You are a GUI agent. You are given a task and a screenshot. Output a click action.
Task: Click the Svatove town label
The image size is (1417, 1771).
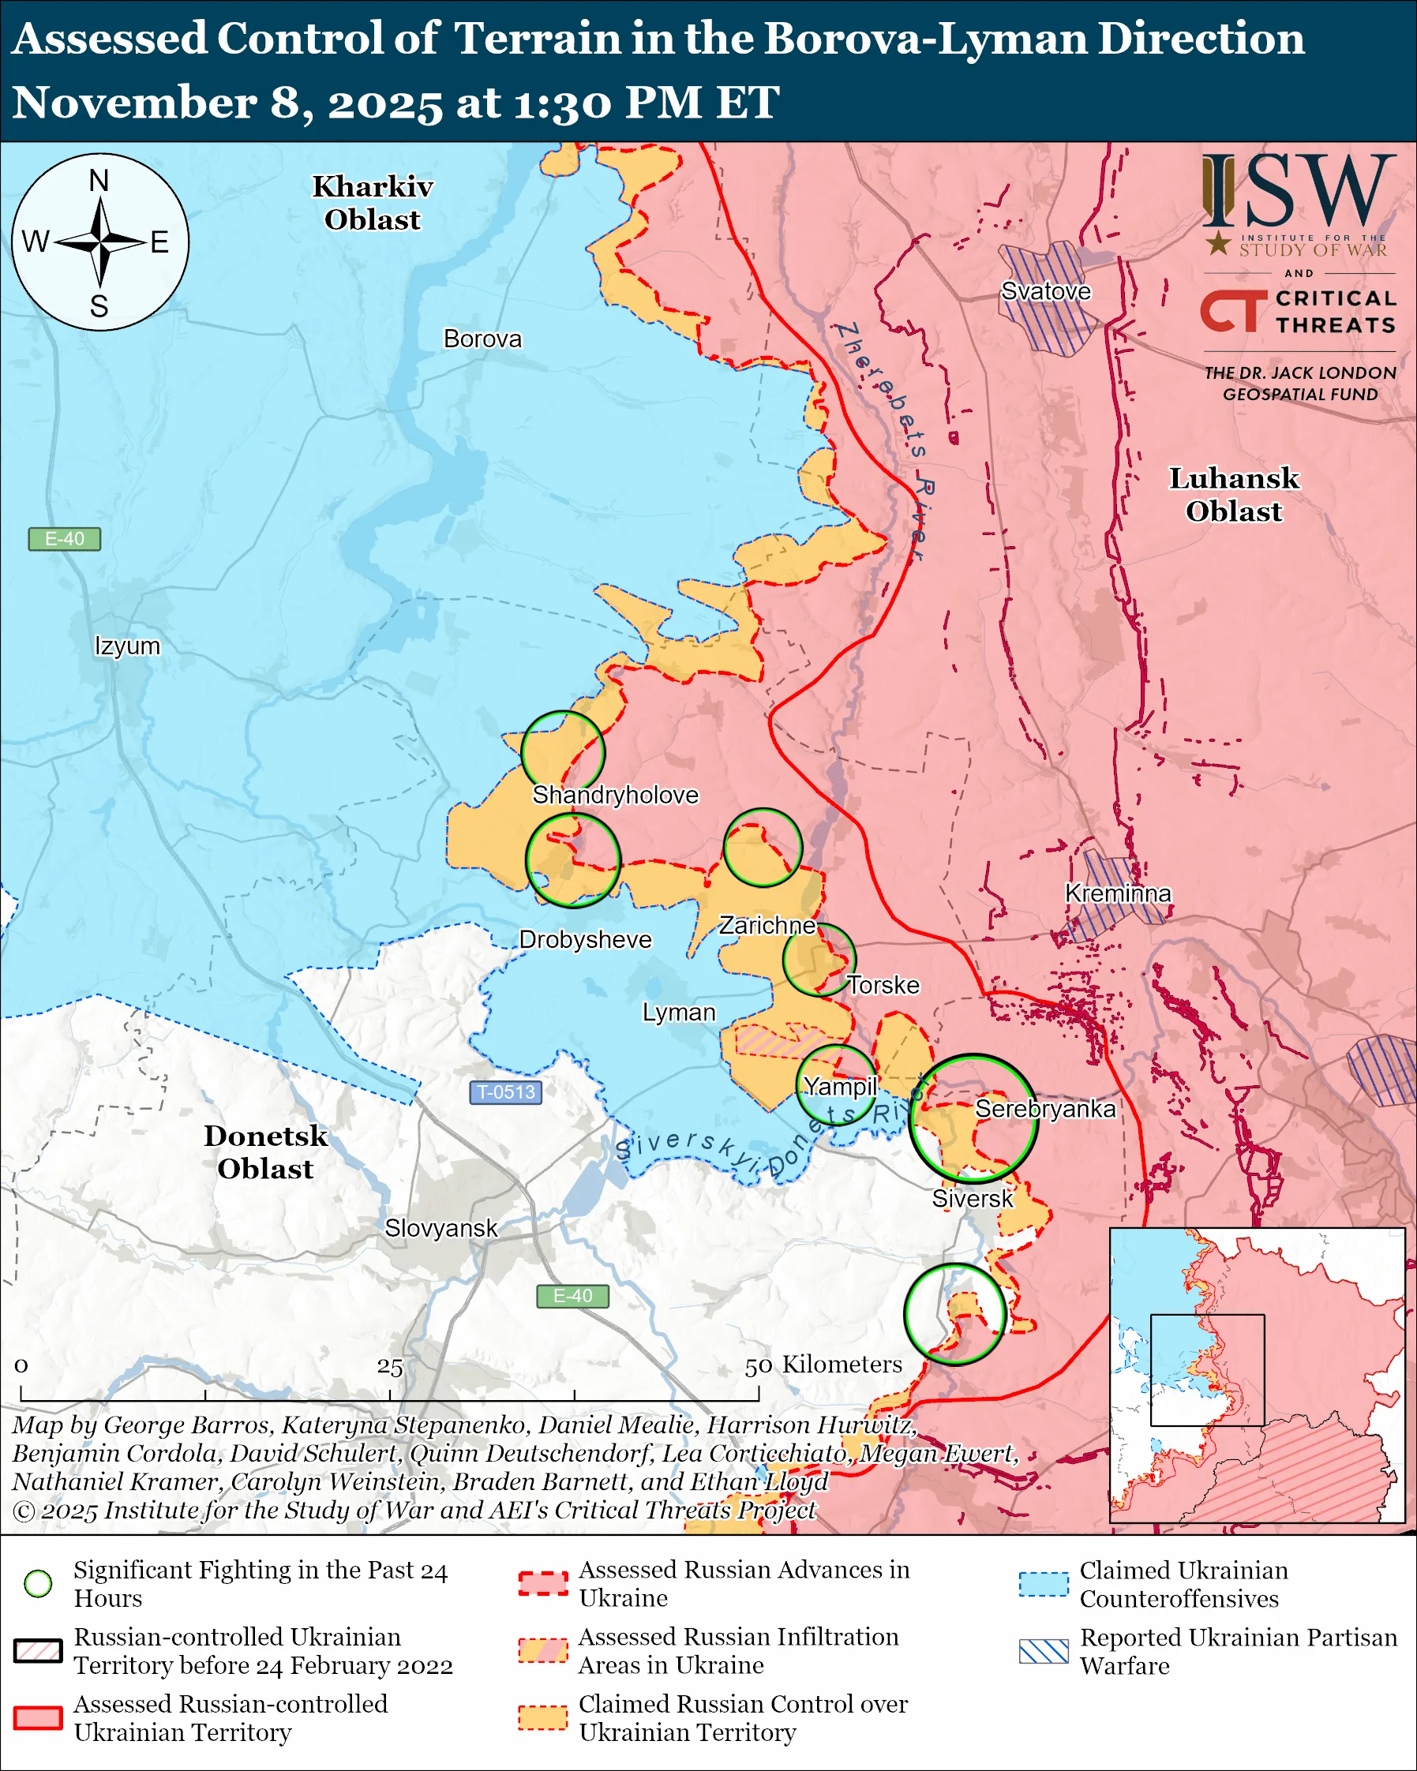1045,291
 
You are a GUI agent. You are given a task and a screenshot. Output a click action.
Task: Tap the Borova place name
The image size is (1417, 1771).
482,339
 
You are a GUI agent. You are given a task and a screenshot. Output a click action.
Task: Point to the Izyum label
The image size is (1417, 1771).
127,646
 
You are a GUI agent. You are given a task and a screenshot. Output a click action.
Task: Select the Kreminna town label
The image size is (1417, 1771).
1117,893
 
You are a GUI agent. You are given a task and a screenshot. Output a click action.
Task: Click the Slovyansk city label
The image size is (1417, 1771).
441,1228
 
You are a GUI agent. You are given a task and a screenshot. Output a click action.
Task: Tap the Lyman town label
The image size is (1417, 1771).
679,1013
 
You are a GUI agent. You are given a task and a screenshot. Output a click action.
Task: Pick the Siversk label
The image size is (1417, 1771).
972,1199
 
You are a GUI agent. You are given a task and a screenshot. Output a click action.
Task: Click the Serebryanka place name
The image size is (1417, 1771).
1045,1109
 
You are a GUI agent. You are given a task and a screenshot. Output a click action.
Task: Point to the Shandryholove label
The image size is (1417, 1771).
615,796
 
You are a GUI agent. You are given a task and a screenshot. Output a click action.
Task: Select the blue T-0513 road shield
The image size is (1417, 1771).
506,1092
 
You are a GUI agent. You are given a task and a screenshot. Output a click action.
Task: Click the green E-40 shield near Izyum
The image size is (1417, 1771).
64,539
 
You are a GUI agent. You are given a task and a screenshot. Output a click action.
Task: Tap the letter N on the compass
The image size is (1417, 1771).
99,181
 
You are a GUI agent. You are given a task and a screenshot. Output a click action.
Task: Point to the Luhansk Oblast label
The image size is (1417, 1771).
1233,495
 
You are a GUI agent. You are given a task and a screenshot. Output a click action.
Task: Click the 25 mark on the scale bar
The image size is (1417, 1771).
389,1367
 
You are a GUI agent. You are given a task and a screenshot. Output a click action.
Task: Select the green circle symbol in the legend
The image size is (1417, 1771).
39,1584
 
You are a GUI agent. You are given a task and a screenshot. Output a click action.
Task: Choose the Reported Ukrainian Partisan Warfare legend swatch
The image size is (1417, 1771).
1044,1651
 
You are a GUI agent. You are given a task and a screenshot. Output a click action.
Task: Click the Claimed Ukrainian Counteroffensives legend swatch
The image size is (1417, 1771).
1044,1584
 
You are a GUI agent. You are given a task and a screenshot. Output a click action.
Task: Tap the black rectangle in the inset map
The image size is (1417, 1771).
1207,1370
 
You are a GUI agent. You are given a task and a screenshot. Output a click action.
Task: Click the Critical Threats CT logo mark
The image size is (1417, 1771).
1232,311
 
